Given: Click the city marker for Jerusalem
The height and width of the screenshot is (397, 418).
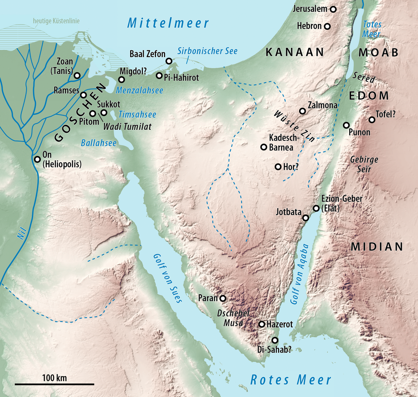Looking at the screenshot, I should point(334,9).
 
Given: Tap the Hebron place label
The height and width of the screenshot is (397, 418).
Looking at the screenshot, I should point(309,26).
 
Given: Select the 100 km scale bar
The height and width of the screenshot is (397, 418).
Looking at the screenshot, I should point(54,384).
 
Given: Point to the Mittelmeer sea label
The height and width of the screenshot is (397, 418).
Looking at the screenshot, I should point(168,23).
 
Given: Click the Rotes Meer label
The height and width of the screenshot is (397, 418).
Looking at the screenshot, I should point(290,380).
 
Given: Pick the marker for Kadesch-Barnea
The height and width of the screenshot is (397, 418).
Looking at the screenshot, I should point(263,147).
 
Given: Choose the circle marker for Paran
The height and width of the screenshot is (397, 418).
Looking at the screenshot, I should point(223,298).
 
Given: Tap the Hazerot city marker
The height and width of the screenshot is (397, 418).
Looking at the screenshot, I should point(262,324).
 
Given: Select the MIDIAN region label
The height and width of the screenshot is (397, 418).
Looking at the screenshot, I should point(377,247).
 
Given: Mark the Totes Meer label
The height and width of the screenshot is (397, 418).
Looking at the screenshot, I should point(372,29).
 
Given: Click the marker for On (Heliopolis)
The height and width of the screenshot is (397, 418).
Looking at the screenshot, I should point(37,159).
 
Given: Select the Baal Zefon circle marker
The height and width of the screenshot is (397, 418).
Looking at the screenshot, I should point(169,61).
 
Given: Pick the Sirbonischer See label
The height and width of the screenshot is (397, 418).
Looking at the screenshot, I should point(207,51).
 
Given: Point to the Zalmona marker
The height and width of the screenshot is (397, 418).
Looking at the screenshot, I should point(303,111).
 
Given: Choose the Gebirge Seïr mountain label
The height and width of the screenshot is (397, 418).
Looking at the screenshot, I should point(364,164).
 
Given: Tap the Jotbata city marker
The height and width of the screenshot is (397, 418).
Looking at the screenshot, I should point(306,218).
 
